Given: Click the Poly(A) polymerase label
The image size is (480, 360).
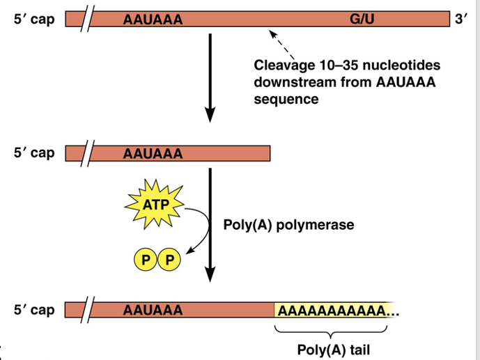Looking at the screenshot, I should click(x=288, y=225).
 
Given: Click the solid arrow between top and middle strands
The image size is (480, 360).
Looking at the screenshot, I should click(x=210, y=77).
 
